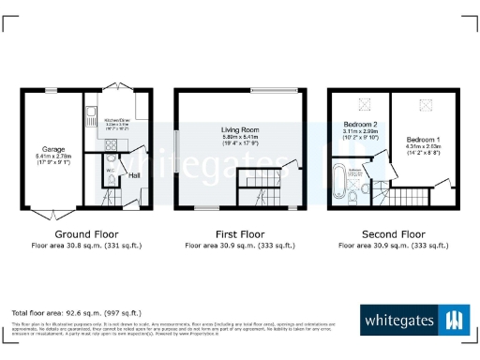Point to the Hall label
(x=134, y=175)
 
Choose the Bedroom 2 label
(x=360, y=125)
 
